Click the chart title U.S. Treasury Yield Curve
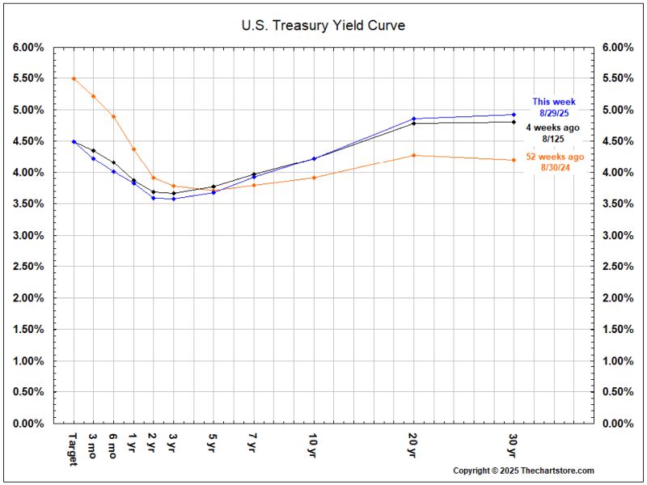323,26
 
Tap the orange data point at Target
74,78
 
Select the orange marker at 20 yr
413,155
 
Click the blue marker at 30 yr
514,115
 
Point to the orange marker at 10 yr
313,177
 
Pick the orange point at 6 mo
113,116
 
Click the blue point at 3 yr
173,199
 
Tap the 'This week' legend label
553,102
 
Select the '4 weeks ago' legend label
553,128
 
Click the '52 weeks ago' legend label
553,157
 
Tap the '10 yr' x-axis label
313,444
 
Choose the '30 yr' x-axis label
514,444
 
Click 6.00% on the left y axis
28,48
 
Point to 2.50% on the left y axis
28,267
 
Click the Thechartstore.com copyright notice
523,470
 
